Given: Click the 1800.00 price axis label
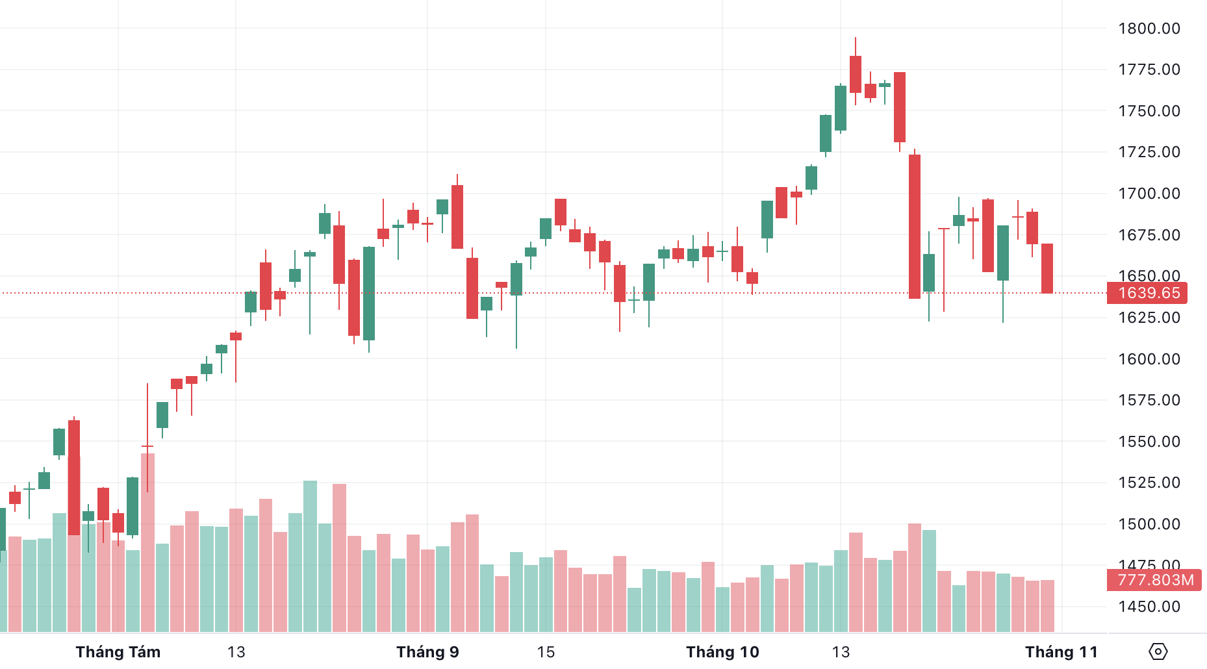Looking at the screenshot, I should tap(1149, 29).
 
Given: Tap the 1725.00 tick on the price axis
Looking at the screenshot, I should tap(1149, 152).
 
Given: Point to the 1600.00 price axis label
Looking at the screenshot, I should tap(1149, 359).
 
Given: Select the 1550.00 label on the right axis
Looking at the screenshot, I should tap(1149, 442).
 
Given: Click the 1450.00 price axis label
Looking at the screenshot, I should tap(1149, 607).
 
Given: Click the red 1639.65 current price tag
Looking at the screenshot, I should tap(1148, 293).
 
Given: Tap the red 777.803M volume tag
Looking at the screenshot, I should tap(1154, 580).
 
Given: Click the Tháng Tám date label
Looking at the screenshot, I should tap(118, 652).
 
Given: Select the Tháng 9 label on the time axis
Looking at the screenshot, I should tap(427, 652).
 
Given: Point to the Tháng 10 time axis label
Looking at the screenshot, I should tap(722, 652).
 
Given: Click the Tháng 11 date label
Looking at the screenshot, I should tap(1061, 652).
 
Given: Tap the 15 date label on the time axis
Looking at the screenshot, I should tap(546, 652).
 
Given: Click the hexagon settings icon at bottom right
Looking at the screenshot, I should tap(1158, 651).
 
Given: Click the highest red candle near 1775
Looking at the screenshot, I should tap(856, 74).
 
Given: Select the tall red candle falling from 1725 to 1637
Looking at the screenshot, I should tap(915, 226).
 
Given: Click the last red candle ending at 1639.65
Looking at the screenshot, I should tap(1047, 268).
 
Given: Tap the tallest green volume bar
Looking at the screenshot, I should tap(310, 555).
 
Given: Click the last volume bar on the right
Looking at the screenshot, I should tap(1047, 605).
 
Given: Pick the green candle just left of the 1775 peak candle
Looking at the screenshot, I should tap(841, 108).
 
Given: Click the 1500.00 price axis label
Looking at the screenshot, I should tap(1149, 524).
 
